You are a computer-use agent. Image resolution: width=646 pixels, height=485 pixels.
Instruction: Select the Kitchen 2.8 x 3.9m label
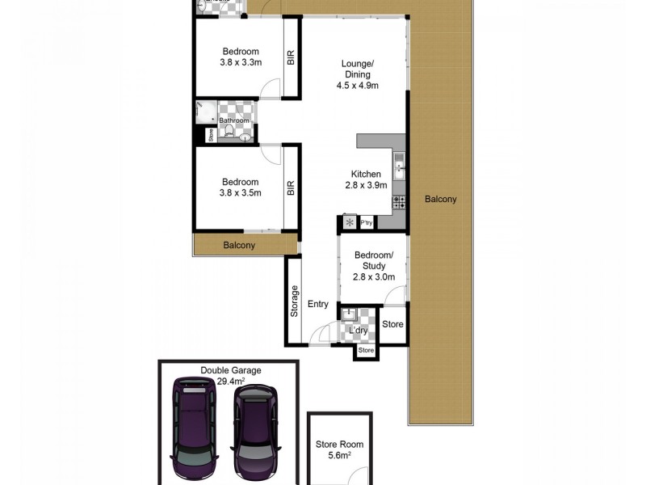(366, 180)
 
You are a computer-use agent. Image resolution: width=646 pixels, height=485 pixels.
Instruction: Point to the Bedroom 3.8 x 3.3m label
(240, 57)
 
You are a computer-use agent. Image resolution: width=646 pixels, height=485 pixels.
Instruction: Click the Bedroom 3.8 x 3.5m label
(240, 188)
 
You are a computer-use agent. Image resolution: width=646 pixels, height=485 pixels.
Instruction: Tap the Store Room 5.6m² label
(340, 449)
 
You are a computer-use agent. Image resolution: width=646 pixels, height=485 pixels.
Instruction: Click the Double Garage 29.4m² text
(231, 376)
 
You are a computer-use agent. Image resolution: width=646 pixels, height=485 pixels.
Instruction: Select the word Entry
(318, 305)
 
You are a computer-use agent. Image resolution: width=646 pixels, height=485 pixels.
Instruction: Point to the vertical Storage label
(294, 301)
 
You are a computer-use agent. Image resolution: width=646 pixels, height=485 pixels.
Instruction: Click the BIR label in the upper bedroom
(290, 57)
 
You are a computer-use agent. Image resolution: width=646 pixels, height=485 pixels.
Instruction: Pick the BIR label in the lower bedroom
(290, 188)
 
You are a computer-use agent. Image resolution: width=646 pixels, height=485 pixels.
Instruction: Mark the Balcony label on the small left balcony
(240, 245)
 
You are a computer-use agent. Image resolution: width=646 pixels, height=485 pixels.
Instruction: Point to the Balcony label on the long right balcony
(441, 200)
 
